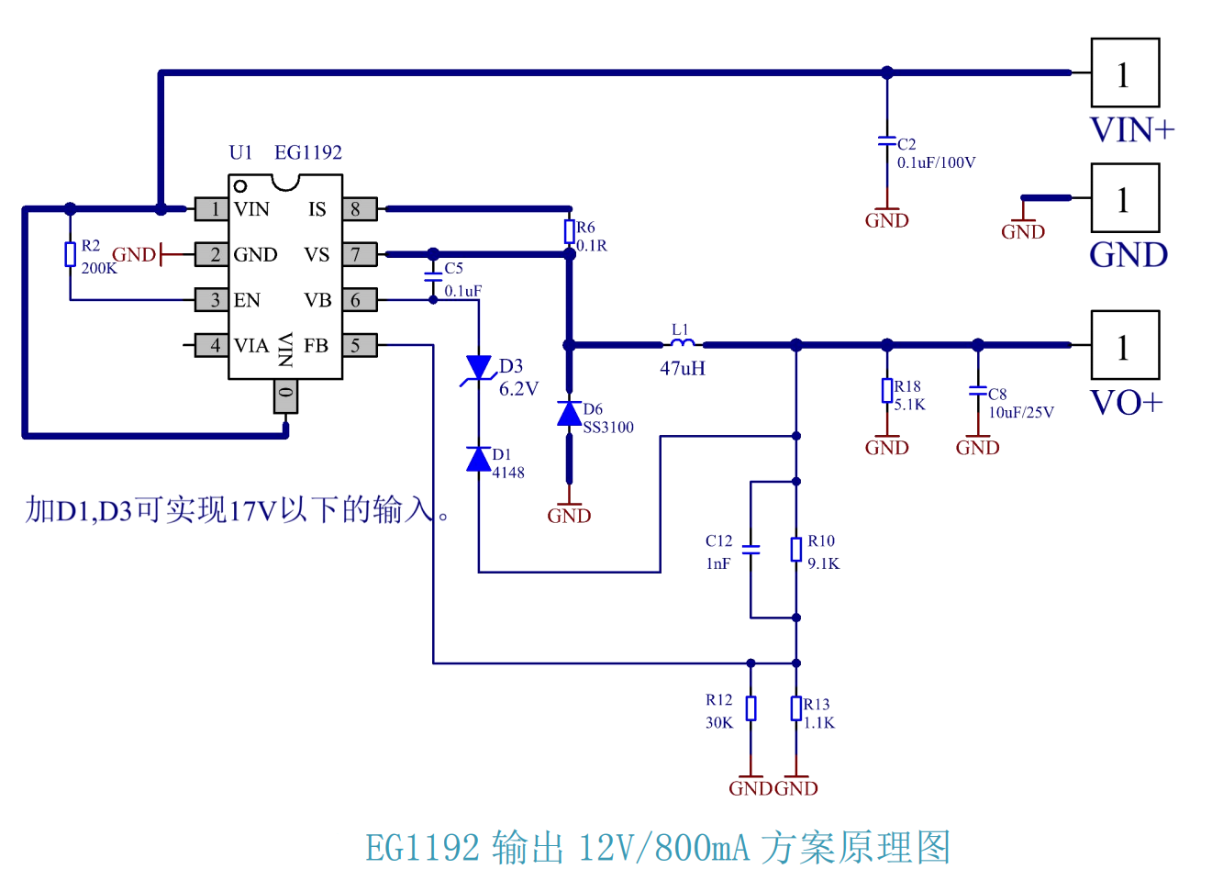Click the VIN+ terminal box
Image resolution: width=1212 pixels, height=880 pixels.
[1124, 72]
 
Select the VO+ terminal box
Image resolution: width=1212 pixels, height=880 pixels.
[1124, 345]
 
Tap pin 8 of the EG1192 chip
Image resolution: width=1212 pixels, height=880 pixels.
[359, 209]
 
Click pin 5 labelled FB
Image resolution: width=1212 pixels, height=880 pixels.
[359, 345]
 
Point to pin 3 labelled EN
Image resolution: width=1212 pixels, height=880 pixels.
[212, 300]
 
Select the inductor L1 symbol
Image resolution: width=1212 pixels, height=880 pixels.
[682, 344]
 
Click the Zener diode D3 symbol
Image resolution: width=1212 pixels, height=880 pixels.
[478, 368]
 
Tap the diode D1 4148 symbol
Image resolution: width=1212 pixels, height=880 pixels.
[478, 459]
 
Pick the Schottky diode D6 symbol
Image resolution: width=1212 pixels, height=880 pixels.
[569, 414]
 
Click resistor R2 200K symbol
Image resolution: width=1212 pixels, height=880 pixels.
[70, 254]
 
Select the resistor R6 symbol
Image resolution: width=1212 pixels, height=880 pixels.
[569, 231]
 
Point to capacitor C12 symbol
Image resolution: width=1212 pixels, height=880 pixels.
[751, 550]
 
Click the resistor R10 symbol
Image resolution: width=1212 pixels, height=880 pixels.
[795, 550]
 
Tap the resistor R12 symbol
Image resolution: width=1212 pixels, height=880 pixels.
[751, 708]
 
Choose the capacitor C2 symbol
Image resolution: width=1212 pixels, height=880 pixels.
[886, 141]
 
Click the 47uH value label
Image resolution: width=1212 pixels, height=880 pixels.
[683, 369]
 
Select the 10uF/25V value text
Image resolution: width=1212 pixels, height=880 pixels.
[1020, 413]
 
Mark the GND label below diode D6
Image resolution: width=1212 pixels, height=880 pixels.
[569, 516]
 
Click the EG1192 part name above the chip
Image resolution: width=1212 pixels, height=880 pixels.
[308, 152]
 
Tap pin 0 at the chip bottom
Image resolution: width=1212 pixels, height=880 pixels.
[285, 395]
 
